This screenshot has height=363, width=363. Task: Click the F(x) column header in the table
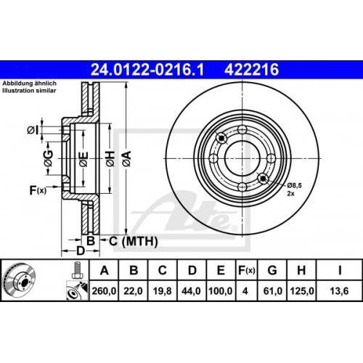tap(247, 271)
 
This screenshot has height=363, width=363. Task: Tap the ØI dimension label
tap(33, 130)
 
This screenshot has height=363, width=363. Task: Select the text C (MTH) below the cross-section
tap(124, 240)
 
